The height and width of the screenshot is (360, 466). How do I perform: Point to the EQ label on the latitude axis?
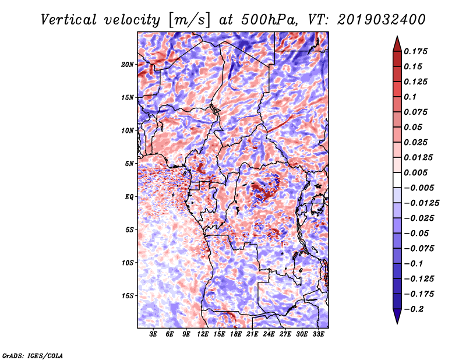(x=130, y=197)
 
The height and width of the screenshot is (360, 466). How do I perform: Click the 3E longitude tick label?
(x=154, y=334)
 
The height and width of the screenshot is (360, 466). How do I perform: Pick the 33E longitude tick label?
(x=318, y=334)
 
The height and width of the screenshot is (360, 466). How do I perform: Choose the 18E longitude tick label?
(x=236, y=334)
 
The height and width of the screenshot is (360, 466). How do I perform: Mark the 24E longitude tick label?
(x=269, y=334)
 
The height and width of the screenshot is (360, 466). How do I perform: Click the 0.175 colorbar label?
(x=416, y=51)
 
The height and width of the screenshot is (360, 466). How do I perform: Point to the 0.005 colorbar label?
(x=416, y=172)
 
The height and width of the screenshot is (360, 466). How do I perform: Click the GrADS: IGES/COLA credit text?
(x=33, y=355)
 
